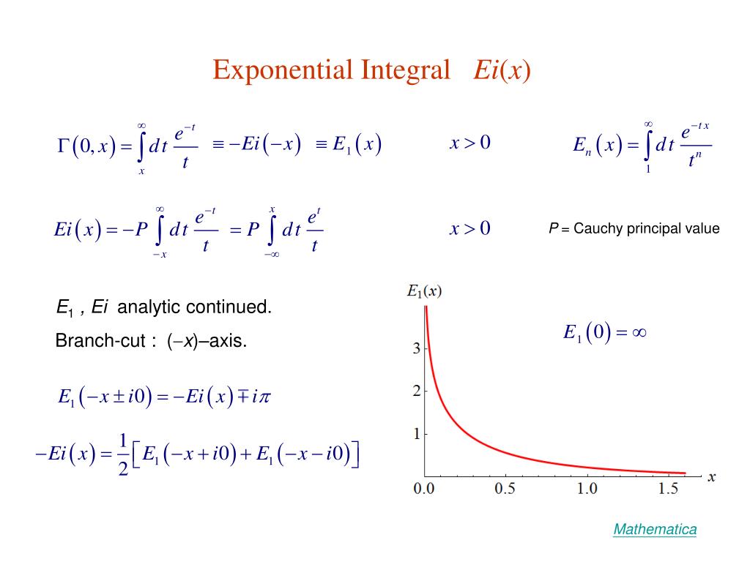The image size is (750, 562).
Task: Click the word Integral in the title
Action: (x=406, y=70)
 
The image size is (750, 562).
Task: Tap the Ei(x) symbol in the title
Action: (x=502, y=70)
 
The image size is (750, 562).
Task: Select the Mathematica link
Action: (x=655, y=529)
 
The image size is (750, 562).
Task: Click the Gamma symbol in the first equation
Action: (x=63, y=144)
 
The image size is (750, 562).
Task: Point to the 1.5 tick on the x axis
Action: (x=668, y=488)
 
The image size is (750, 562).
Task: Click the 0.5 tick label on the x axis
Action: (x=505, y=488)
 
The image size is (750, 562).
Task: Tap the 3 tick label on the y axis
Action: (x=417, y=348)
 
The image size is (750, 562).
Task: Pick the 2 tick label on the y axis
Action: (x=417, y=391)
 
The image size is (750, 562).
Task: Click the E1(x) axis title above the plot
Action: (x=424, y=291)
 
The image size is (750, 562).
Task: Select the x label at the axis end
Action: (x=712, y=477)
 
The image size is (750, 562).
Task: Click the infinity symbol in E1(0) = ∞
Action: (x=639, y=333)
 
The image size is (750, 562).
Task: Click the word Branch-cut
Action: (x=100, y=340)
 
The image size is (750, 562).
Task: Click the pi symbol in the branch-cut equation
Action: (x=264, y=397)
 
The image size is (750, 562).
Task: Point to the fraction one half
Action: (x=123, y=454)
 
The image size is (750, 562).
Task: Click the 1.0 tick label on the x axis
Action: (x=587, y=488)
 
